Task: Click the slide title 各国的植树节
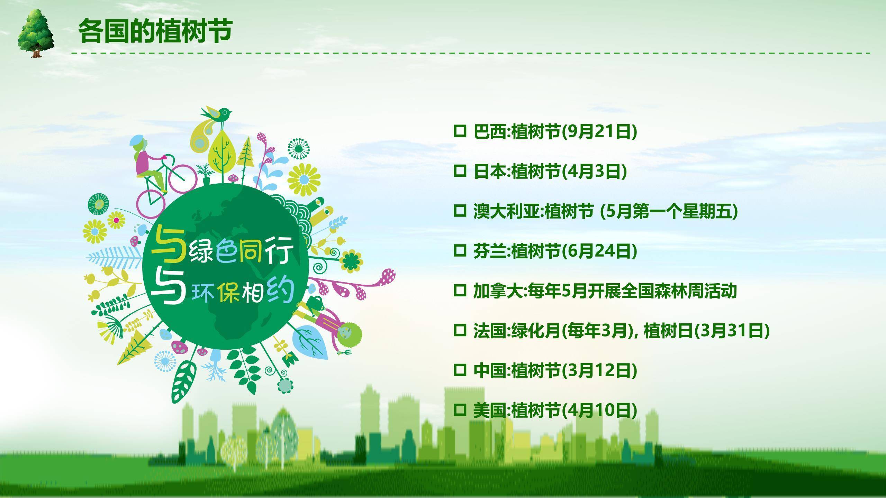[155, 31]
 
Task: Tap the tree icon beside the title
[36, 33]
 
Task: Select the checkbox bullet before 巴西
[460, 131]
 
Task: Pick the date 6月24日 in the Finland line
[598, 251]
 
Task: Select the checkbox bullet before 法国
[460, 331]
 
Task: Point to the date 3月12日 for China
[598, 371]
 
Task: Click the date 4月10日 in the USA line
[598, 411]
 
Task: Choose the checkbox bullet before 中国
[460, 371]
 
